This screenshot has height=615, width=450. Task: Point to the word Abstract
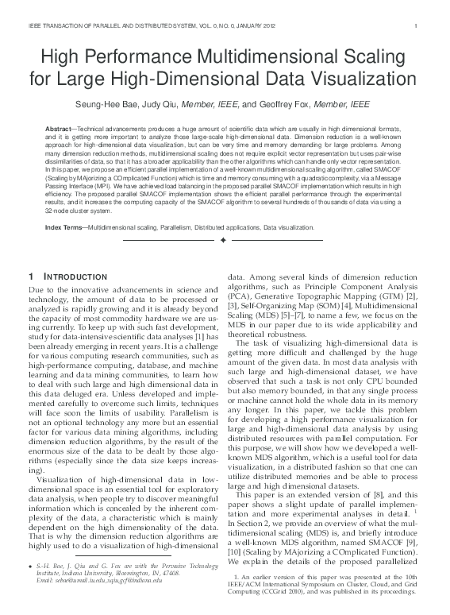click(x=60, y=128)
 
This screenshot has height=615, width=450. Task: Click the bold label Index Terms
click(x=64, y=227)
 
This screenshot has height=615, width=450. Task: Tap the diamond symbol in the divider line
click(x=225, y=239)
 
